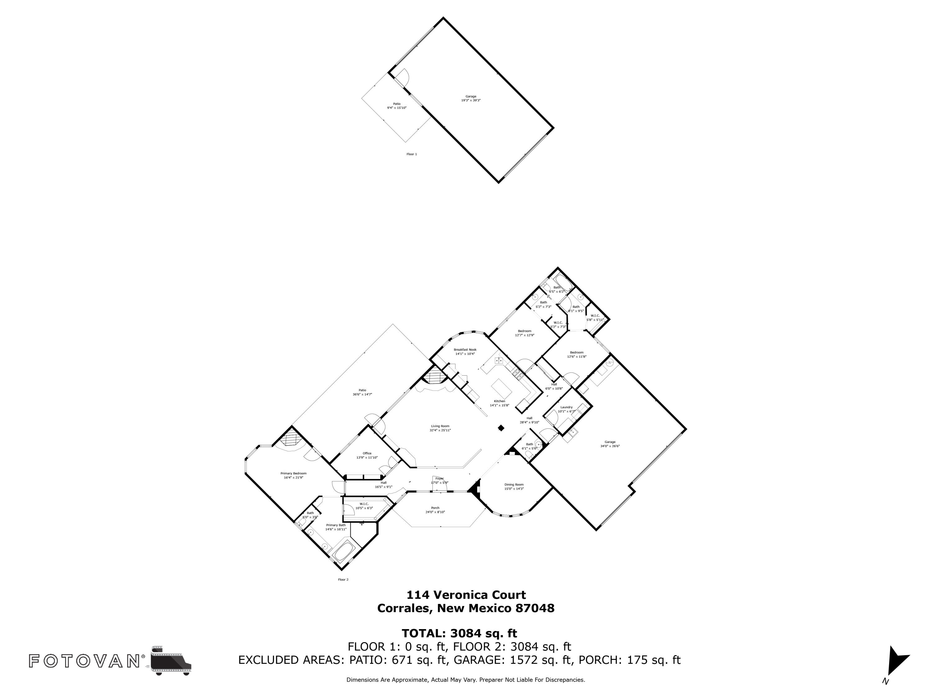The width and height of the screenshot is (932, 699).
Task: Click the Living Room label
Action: [440, 426]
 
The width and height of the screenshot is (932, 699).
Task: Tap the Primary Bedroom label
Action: [293, 473]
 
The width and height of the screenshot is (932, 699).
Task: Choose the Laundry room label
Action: [566, 407]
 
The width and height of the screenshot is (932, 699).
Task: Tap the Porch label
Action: [435, 508]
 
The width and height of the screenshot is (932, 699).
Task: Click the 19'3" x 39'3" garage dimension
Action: [471, 101]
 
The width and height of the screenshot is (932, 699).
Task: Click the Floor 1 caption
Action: [412, 154]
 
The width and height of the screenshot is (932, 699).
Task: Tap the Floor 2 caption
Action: [343, 580]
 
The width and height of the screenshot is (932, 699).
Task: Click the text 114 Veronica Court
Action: [466, 595]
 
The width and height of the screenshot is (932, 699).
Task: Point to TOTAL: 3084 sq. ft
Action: [459, 633]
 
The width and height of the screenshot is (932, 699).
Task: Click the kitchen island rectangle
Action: [502, 388]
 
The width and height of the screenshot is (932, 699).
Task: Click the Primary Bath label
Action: [336, 525]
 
